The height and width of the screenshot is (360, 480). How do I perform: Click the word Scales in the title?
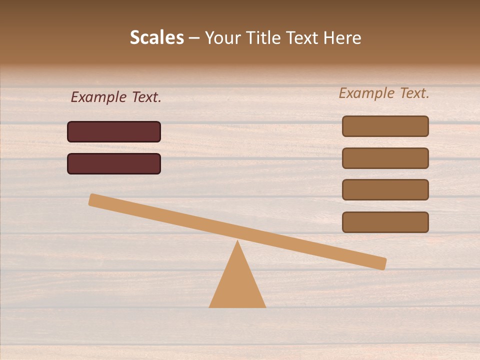coord(156,37)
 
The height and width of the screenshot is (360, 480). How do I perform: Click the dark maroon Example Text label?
coord(116,97)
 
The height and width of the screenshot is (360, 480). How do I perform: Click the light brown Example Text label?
coord(384,93)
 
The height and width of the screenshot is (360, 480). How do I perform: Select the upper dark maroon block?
coord(114,131)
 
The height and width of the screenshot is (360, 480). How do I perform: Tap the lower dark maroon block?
coord(114,163)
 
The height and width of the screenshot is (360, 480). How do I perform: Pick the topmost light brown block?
coord(385,126)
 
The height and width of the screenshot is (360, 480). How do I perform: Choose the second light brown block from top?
coord(385,158)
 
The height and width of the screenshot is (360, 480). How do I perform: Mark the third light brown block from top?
coord(385,190)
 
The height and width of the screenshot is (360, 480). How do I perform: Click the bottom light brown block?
coord(385,222)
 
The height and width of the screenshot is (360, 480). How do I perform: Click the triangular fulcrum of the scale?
coord(237,285)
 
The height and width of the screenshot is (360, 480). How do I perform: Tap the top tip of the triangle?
coord(237,241)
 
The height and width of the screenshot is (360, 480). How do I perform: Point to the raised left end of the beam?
coord(93,199)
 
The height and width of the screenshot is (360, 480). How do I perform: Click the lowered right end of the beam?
coord(382,263)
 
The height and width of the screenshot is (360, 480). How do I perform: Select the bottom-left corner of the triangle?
coord(210,306)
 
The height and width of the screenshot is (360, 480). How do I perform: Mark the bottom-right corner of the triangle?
coord(264,306)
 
